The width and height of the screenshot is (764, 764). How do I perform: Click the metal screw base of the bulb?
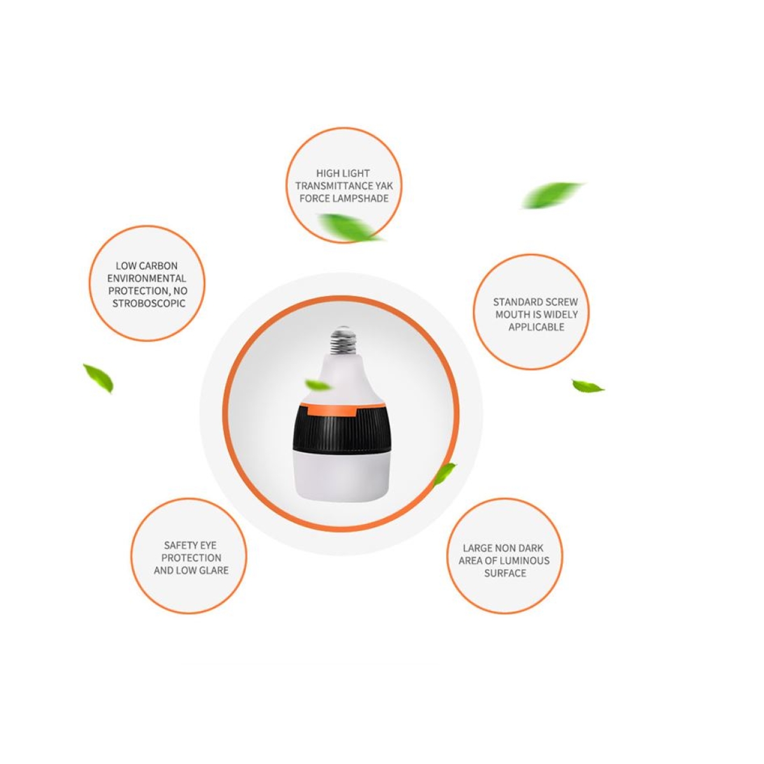coord(343,340)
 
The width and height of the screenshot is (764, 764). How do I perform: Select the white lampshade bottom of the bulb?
coord(341,475)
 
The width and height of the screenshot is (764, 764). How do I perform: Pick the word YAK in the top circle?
coord(384,186)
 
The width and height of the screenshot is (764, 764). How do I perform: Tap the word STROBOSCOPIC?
coord(149,304)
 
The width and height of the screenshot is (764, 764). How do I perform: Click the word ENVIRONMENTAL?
coord(146,278)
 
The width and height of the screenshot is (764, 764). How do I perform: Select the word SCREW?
coord(561,302)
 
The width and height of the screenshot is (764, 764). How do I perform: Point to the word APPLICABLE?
coord(536,327)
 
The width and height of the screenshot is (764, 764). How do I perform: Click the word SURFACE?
coord(505,573)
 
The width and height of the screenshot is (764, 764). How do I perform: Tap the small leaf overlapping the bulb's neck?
coord(317,385)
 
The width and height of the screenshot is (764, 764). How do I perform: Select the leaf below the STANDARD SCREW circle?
coord(588,386)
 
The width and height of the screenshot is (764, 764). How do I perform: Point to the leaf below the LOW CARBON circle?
coord(99,378)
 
